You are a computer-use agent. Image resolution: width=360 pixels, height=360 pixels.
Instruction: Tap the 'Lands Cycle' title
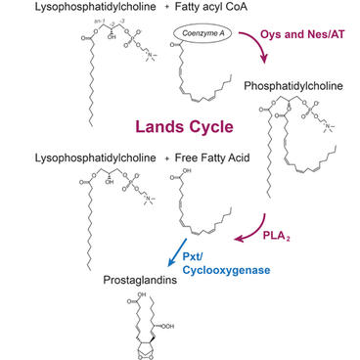click(x=180, y=126)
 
